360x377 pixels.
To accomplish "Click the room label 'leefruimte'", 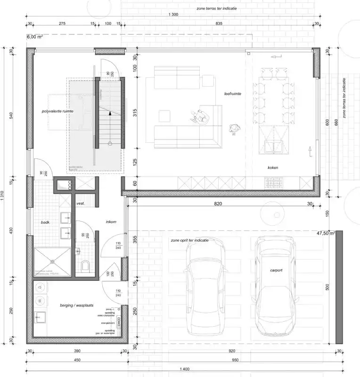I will point(233,94).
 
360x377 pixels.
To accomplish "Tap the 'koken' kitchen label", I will point(274,167).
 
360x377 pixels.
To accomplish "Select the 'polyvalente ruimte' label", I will point(57,111).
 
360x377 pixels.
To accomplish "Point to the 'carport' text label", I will point(276,270).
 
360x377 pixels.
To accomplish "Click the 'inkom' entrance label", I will point(111,221).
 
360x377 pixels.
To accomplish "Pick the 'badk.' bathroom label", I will point(45,221).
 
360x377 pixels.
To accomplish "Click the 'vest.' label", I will point(80,204).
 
